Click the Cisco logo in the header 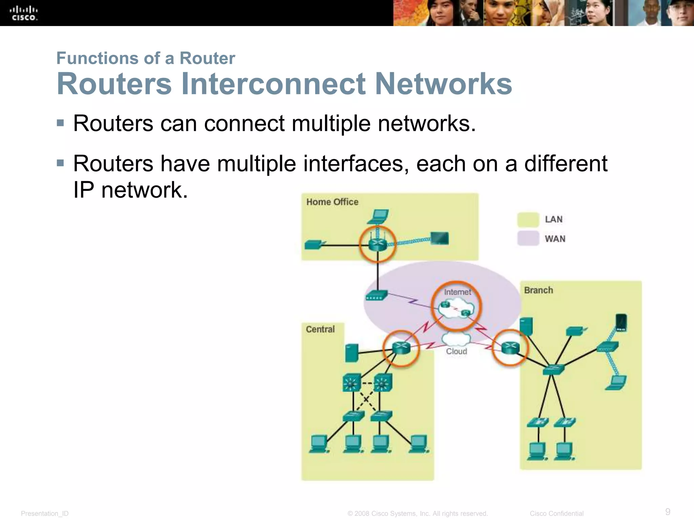click(x=24, y=13)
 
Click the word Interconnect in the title click(x=273, y=84)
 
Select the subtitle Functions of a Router click(x=146, y=58)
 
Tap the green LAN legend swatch click(x=528, y=219)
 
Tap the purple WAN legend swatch click(x=528, y=238)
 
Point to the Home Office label click(x=332, y=202)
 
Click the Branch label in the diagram click(x=538, y=290)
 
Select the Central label click(x=320, y=329)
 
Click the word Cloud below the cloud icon click(x=456, y=351)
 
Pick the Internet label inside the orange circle click(x=457, y=292)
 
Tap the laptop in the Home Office click(x=379, y=217)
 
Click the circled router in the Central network click(x=401, y=348)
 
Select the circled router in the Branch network click(x=510, y=348)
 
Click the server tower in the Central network click(x=352, y=353)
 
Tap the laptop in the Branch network click(x=616, y=383)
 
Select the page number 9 click(x=668, y=512)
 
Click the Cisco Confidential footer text click(x=556, y=514)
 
